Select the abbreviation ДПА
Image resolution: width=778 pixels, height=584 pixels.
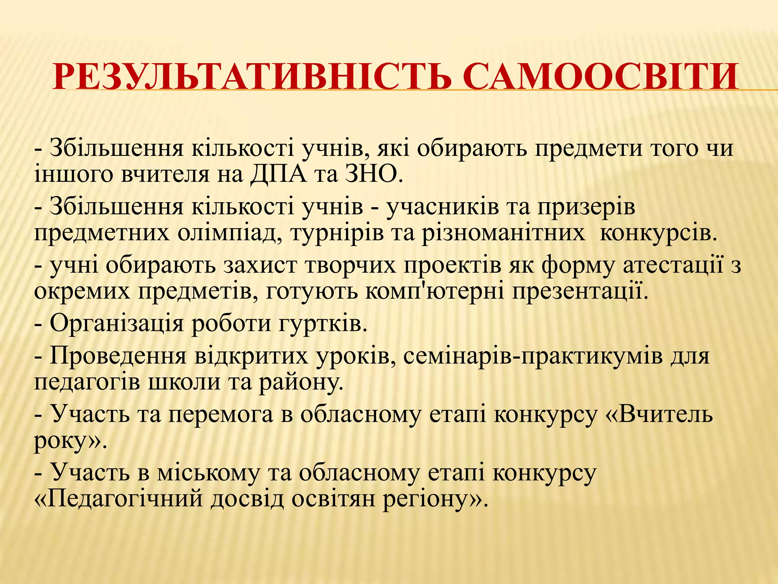[x=278, y=175]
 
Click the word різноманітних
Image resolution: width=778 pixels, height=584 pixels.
[x=503, y=233]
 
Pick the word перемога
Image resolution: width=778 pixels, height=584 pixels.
[x=220, y=414]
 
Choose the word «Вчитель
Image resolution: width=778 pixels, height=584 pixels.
[x=658, y=414]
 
